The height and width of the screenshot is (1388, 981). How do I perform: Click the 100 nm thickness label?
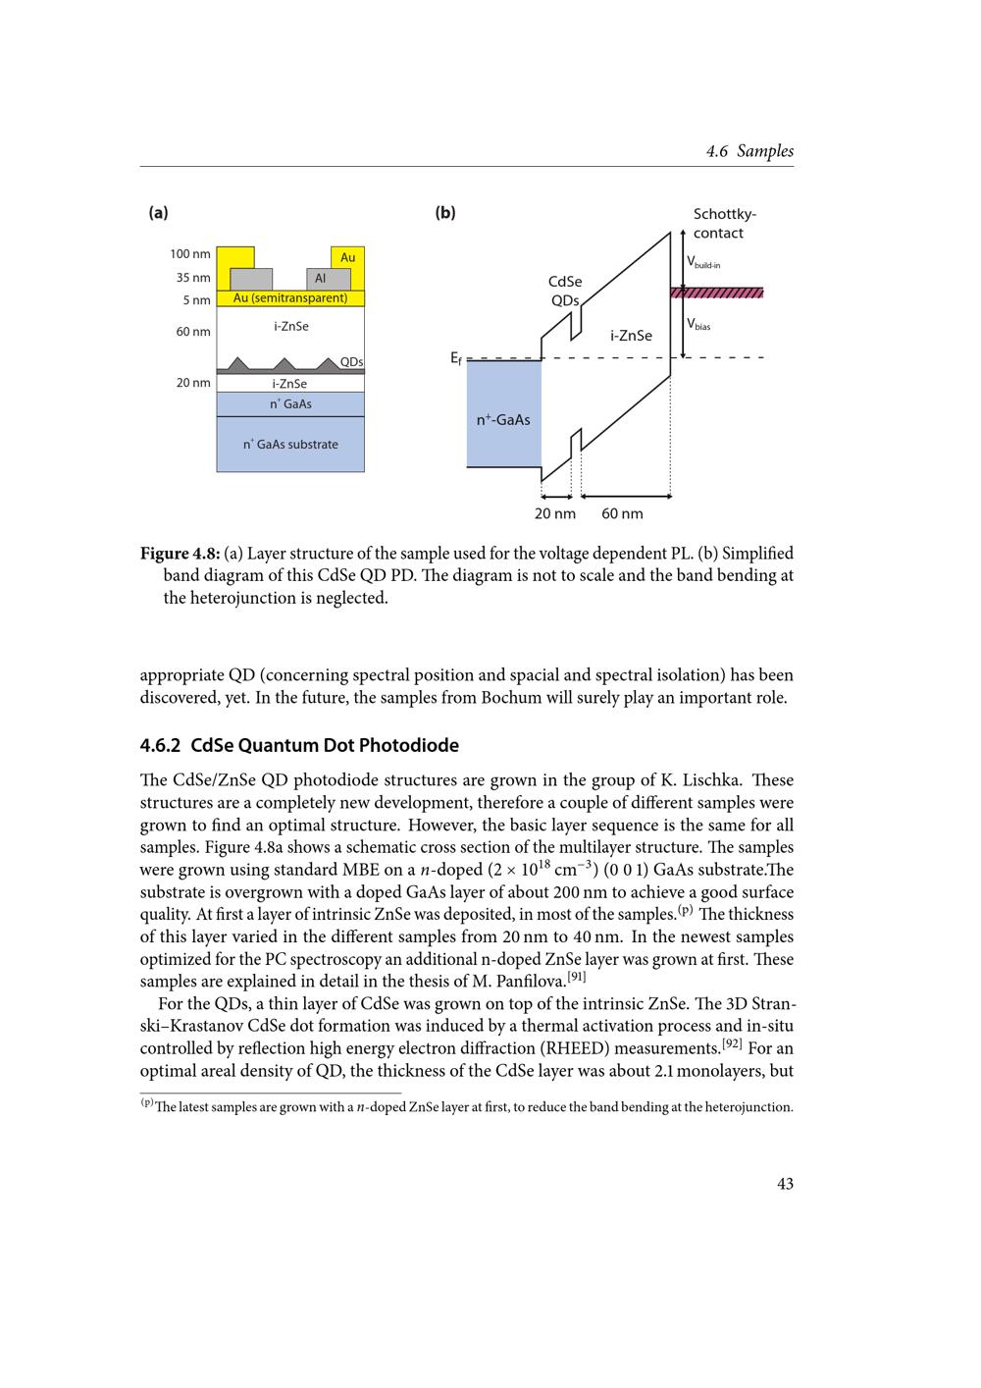[x=189, y=254]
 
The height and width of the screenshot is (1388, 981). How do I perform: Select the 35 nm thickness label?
[x=193, y=278]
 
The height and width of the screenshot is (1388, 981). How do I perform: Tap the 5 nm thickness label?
[x=196, y=300]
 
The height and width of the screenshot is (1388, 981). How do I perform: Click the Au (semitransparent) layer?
[x=290, y=298]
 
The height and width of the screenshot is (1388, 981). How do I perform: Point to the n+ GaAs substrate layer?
[x=290, y=445]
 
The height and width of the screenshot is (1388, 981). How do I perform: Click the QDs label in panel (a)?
[x=351, y=362]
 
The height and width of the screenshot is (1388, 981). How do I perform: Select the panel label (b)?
[x=445, y=213]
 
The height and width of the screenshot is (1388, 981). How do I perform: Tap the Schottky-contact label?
[x=724, y=224]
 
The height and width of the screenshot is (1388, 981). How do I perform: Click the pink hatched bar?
[x=716, y=293]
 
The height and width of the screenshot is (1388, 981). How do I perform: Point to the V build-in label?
[x=702, y=263]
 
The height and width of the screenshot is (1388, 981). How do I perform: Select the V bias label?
[x=698, y=325]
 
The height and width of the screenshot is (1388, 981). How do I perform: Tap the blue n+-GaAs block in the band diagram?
[x=503, y=420]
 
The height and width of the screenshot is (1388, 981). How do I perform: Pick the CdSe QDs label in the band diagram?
[x=565, y=291]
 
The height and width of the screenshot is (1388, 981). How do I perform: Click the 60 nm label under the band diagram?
[x=622, y=513]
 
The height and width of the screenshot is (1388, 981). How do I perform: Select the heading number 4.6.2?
[x=161, y=746]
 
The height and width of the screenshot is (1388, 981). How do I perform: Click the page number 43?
[x=785, y=1184]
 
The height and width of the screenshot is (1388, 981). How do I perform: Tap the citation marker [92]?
[x=732, y=1043]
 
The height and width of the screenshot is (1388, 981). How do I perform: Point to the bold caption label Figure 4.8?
[x=181, y=554]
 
